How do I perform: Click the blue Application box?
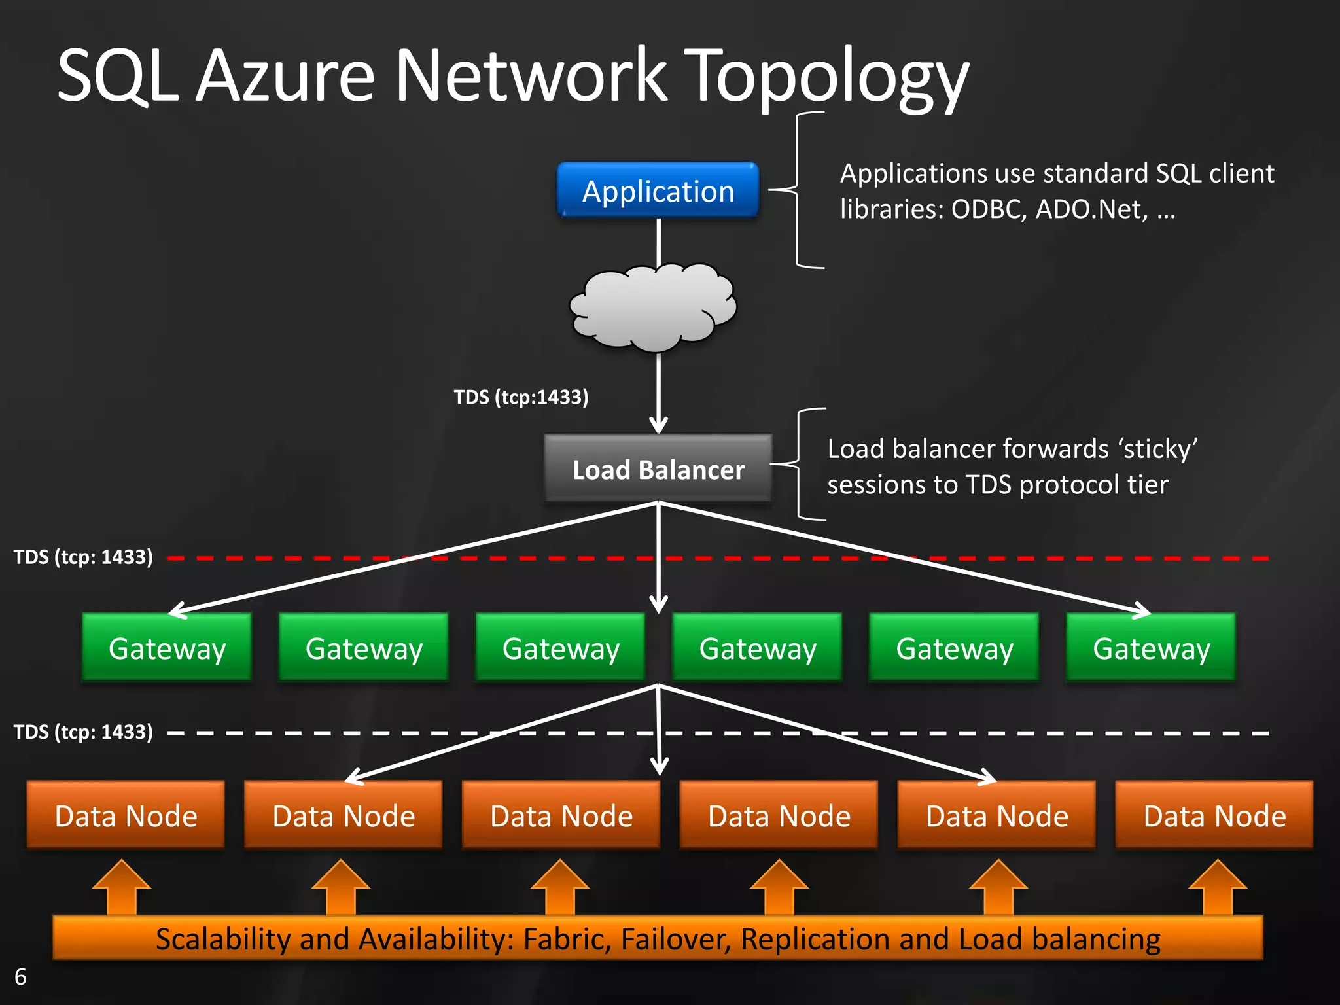tap(658, 190)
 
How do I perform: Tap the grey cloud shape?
tap(653, 306)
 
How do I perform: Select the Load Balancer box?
tap(658, 469)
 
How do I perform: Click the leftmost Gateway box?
tap(167, 648)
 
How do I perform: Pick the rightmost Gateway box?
tap(1151, 648)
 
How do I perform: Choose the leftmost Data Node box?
tap(126, 815)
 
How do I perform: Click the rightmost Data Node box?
tap(1214, 815)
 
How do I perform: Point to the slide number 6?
tap(20, 976)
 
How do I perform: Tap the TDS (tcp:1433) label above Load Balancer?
tap(521, 397)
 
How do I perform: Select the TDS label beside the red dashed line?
tap(83, 557)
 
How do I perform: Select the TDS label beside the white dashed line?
tap(83, 732)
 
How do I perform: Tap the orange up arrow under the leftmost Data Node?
tap(122, 887)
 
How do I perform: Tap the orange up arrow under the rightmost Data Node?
tap(1217, 887)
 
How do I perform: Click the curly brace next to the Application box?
tap(797, 190)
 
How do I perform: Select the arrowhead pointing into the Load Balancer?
tap(658, 425)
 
